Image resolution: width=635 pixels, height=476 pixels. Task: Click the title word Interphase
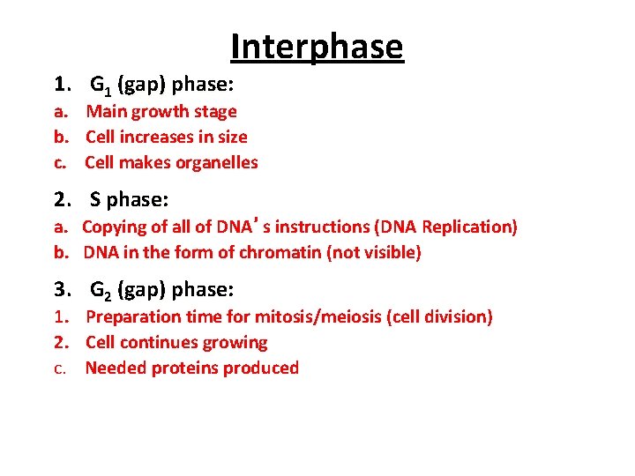[x=317, y=47]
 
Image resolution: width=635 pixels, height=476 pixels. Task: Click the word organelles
[x=217, y=162]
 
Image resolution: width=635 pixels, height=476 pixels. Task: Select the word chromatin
[x=280, y=253]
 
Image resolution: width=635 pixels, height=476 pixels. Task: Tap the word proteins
[x=184, y=368]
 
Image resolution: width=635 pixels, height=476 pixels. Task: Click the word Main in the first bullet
[x=106, y=111]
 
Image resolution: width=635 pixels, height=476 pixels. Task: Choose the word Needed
[x=115, y=368]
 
